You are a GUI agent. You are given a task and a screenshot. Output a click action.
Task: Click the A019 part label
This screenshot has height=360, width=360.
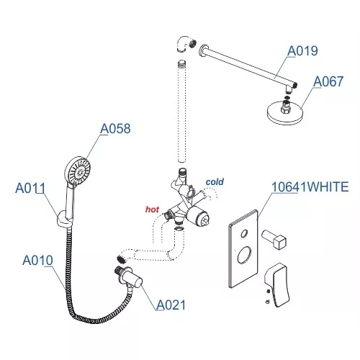pyautogui.click(x=303, y=51)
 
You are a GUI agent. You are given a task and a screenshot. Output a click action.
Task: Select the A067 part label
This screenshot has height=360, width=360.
pyautogui.click(x=328, y=82)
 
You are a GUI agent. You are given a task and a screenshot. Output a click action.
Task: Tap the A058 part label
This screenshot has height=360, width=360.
pyautogui.click(x=114, y=129)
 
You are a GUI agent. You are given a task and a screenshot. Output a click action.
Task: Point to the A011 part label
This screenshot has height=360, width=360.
pyautogui.click(x=31, y=189)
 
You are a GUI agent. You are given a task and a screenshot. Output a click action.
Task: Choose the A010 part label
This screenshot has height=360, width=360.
pyautogui.click(x=37, y=259)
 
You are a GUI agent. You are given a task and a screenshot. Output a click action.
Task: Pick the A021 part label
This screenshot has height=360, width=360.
pyautogui.click(x=171, y=305)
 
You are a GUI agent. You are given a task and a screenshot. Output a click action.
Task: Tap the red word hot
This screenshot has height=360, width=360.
pyautogui.click(x=153, y=209)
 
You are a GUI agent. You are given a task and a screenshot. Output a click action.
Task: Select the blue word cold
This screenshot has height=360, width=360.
pyautogui.click(x=215, y=182)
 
